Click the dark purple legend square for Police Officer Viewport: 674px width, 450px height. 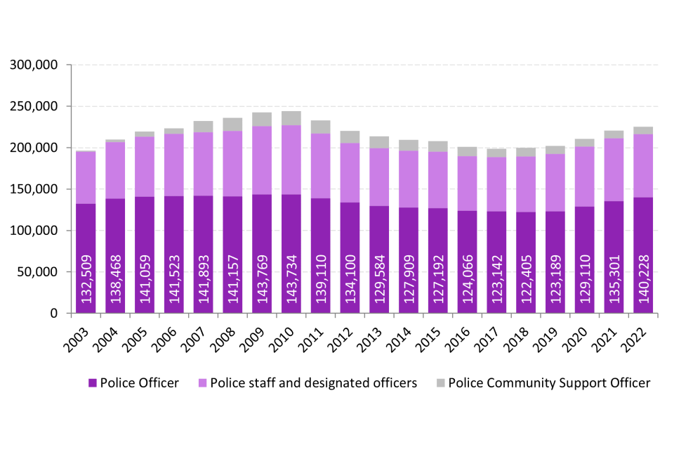(x=92, y=383)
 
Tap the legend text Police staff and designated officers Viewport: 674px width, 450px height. (x=314, y=383)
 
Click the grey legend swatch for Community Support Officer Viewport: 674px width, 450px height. (x=440, y=383)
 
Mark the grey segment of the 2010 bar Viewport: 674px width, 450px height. (x=291, y=118)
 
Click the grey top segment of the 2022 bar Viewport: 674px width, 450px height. (x=645, y=131)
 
